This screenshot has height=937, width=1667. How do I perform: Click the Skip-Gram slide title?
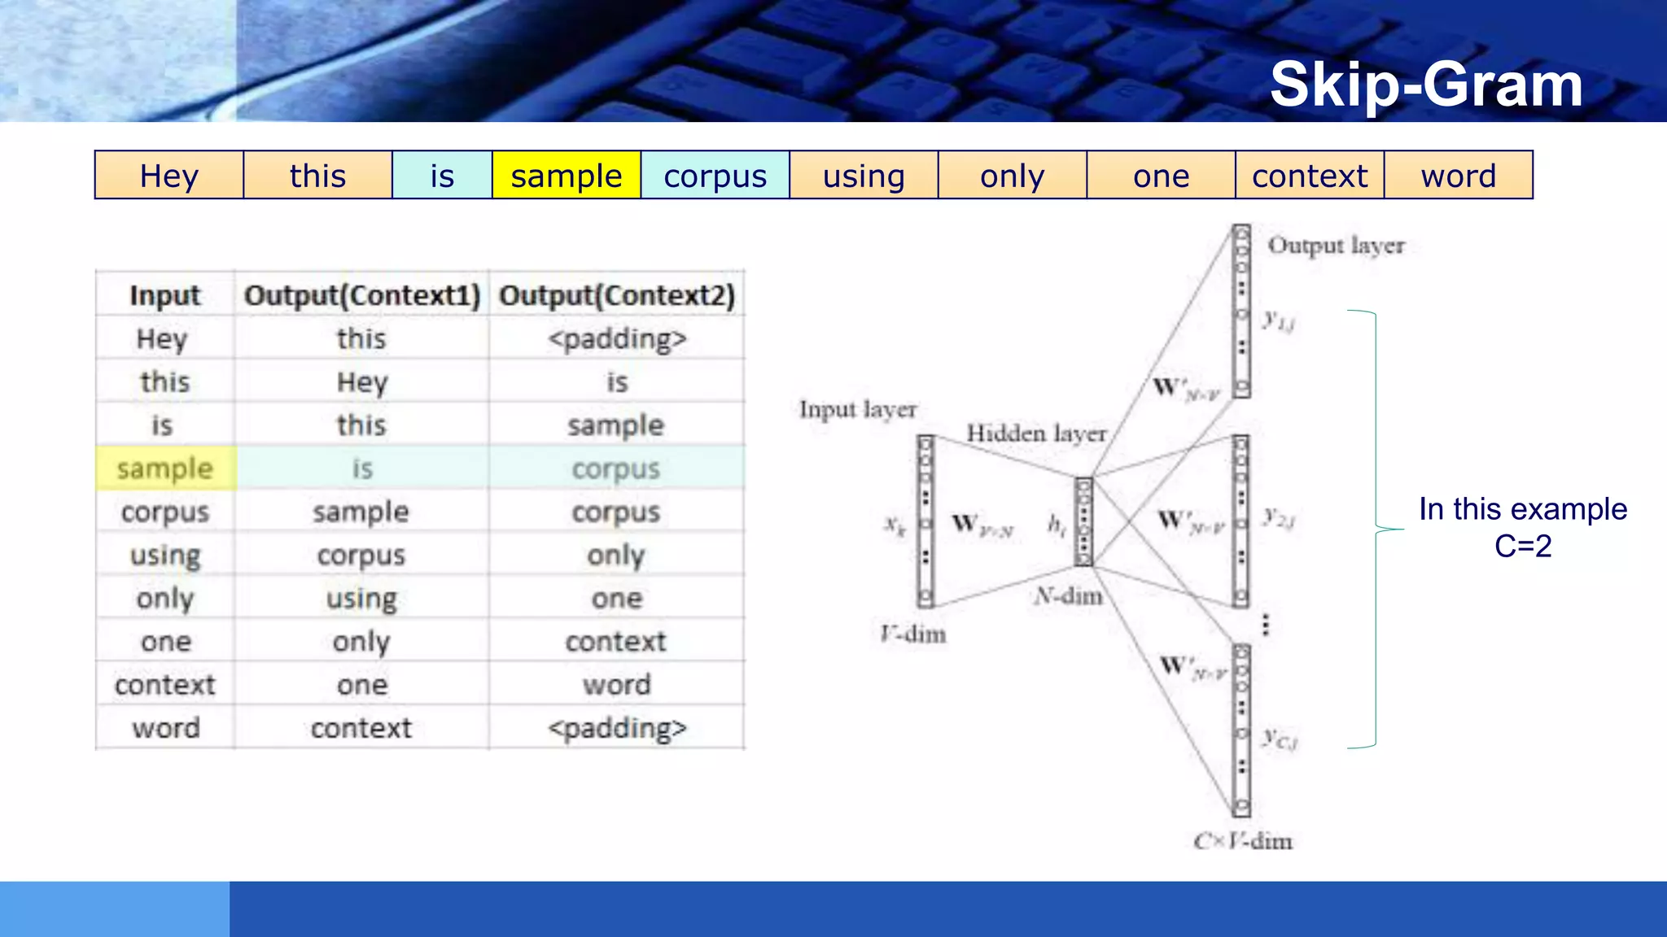[1426, 85]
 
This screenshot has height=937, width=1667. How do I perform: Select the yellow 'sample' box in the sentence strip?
[566, 176]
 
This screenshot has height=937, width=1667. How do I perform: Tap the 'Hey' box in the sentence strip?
[168, 176]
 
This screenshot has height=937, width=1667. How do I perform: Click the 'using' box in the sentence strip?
[864, 176]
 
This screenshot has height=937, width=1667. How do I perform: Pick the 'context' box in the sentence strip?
[1309, 176]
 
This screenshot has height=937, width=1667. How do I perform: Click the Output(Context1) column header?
[362, 295]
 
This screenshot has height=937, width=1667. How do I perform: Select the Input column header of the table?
[164, 295]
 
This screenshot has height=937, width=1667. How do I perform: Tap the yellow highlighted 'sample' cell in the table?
[164, 468]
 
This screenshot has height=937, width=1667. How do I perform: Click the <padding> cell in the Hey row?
[616, 338]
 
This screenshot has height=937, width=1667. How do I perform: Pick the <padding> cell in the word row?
[616, 728]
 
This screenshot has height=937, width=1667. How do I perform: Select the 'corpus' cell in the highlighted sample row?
[616, 468]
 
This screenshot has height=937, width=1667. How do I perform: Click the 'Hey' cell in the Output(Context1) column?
[362, 381]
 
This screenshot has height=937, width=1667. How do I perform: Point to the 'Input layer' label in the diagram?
[858, 409]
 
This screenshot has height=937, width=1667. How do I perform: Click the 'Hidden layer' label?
[1036, 433]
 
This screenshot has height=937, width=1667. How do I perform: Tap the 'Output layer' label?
[1336, 245]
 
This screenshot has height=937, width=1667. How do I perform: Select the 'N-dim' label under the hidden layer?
[1069, 596]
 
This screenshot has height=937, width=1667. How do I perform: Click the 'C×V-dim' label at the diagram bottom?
[1243, 841]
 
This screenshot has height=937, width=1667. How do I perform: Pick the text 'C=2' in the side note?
[1522, 546]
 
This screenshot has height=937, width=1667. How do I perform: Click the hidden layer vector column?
[1083, 521]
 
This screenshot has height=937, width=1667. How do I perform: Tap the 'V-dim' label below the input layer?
[913, 634]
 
